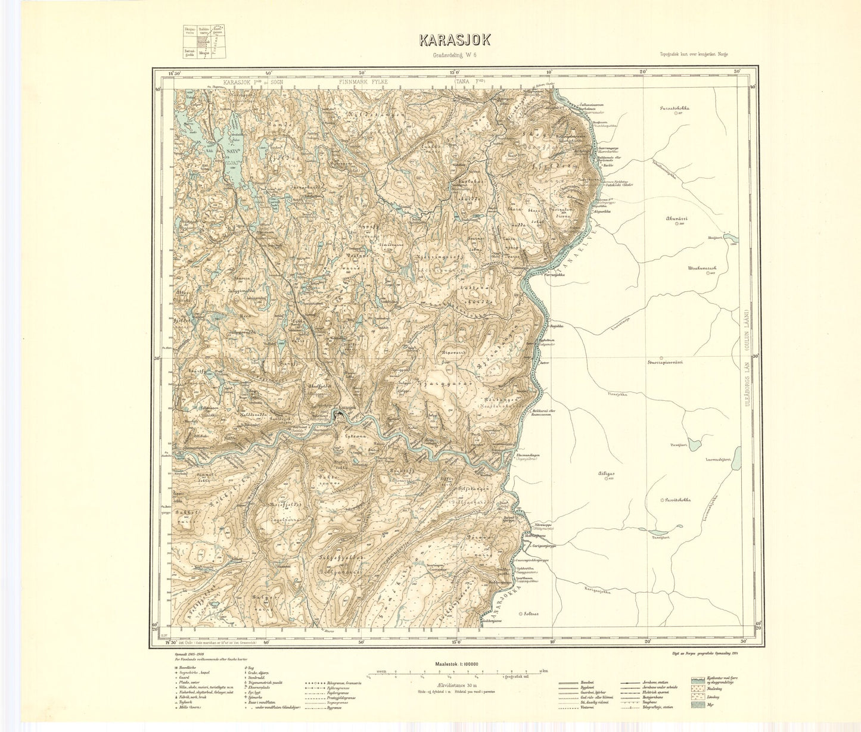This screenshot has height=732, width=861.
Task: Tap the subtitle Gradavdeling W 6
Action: [x=455, y=56]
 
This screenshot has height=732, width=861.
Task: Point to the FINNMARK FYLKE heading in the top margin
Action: [x=363, y=83]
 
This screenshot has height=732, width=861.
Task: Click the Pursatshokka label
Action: [x=675, y=110]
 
